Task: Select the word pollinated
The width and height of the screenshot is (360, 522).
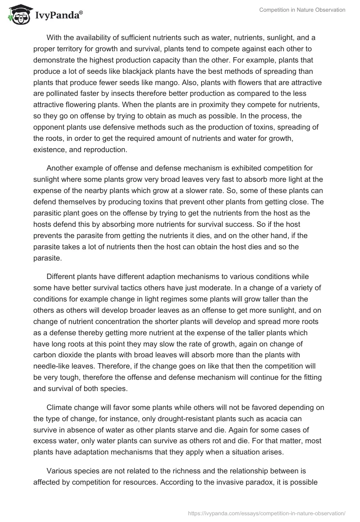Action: coord(53,94)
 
